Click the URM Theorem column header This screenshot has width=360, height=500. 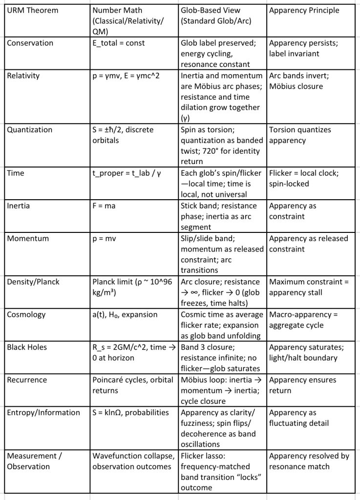30,11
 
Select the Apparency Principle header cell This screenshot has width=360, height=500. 304,11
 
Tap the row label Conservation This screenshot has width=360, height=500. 30,43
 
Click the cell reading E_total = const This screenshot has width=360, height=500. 119,43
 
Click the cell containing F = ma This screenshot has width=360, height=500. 104,206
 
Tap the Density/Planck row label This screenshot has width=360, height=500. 34,281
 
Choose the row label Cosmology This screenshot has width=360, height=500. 27,314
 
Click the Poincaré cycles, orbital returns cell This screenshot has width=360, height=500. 129,385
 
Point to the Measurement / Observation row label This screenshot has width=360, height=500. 30,461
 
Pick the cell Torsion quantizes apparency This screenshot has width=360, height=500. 300,135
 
